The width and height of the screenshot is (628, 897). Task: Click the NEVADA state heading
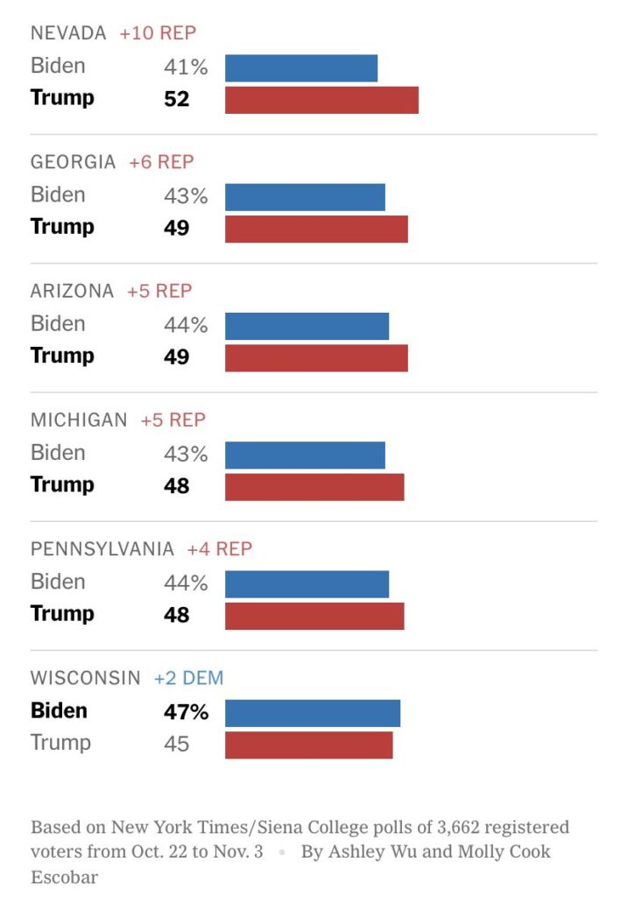tap(68, 33)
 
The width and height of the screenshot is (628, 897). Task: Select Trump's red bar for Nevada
tap(321, 100)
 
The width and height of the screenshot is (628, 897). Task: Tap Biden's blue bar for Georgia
tap(305, 197)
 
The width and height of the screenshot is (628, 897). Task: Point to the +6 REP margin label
tap(161, 162)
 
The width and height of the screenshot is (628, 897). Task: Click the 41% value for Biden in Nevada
tap(185, 67)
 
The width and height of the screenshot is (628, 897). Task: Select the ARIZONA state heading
tap(72, 291)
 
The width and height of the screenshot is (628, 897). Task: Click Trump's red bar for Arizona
tap(316, 357)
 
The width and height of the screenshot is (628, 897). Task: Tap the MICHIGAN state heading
tap(79, 420)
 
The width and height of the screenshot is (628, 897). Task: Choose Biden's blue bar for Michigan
tap(305, 455)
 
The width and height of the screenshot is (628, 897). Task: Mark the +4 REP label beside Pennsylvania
tap(219, 549)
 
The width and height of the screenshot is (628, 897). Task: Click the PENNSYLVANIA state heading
tap(102, 549)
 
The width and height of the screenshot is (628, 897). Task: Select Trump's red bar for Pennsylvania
tap(314, 616)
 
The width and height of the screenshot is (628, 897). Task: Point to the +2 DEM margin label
tap(188, 678)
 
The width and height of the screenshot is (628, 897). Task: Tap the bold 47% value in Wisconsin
tap(186, 712)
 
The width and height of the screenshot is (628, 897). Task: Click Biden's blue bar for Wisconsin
tap(313, 713)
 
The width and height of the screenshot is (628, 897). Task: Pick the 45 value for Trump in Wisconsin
tap(176, 745)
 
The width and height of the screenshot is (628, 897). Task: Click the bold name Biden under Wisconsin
tap(59, 711)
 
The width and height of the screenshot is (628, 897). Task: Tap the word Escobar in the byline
tap(64, 877)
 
